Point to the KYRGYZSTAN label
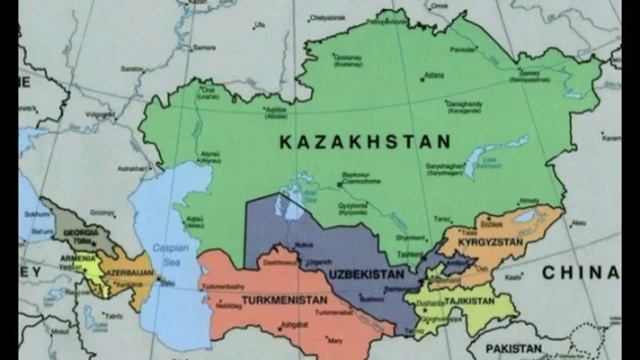click(x=492, y=243)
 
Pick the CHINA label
click(x=580, y=272)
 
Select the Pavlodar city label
click(x=461, y=49)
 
